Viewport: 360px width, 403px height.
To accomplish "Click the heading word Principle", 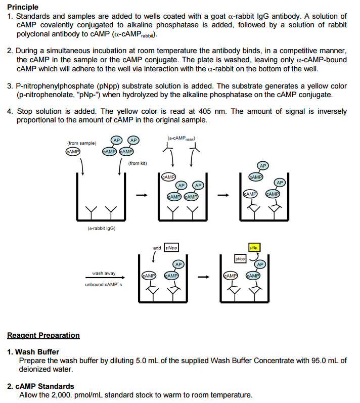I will click(x=23, y=7).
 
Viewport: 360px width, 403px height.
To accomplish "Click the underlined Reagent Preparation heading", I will click(x=43, y=335).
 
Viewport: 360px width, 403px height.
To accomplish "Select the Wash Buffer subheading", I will click(x=37, y=351).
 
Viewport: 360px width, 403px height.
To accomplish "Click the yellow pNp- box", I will click(x=254, y=247).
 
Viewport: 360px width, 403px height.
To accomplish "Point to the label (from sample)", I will click(x=81, y=143).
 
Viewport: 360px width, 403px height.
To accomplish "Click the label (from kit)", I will click(x=138, y=163).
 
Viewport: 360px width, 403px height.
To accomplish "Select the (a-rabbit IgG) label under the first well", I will click(x=102, y=228).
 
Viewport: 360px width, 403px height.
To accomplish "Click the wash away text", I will click(x=104, y=273).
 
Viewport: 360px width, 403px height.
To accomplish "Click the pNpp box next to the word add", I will click(x=171, y=248).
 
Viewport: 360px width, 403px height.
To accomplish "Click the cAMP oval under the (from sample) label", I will click(x=73, y=151).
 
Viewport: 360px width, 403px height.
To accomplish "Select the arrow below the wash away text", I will click(x=103, y=278).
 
